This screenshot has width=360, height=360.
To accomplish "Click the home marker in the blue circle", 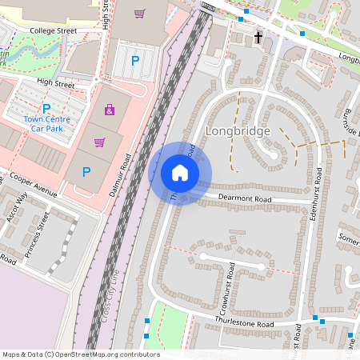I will point(180,173).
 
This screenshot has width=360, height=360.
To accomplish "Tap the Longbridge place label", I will point(238,131).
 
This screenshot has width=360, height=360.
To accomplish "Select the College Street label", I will point(53,30).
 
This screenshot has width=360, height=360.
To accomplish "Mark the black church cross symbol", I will point(258,38).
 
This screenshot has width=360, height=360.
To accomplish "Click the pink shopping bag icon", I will point(109,110).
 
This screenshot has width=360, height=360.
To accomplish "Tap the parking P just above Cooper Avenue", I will point(86,171).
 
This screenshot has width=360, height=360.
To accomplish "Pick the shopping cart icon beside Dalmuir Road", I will point(99,142).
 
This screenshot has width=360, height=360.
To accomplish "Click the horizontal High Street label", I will point(55,83).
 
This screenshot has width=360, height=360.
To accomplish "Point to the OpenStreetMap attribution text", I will point(80,354).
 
